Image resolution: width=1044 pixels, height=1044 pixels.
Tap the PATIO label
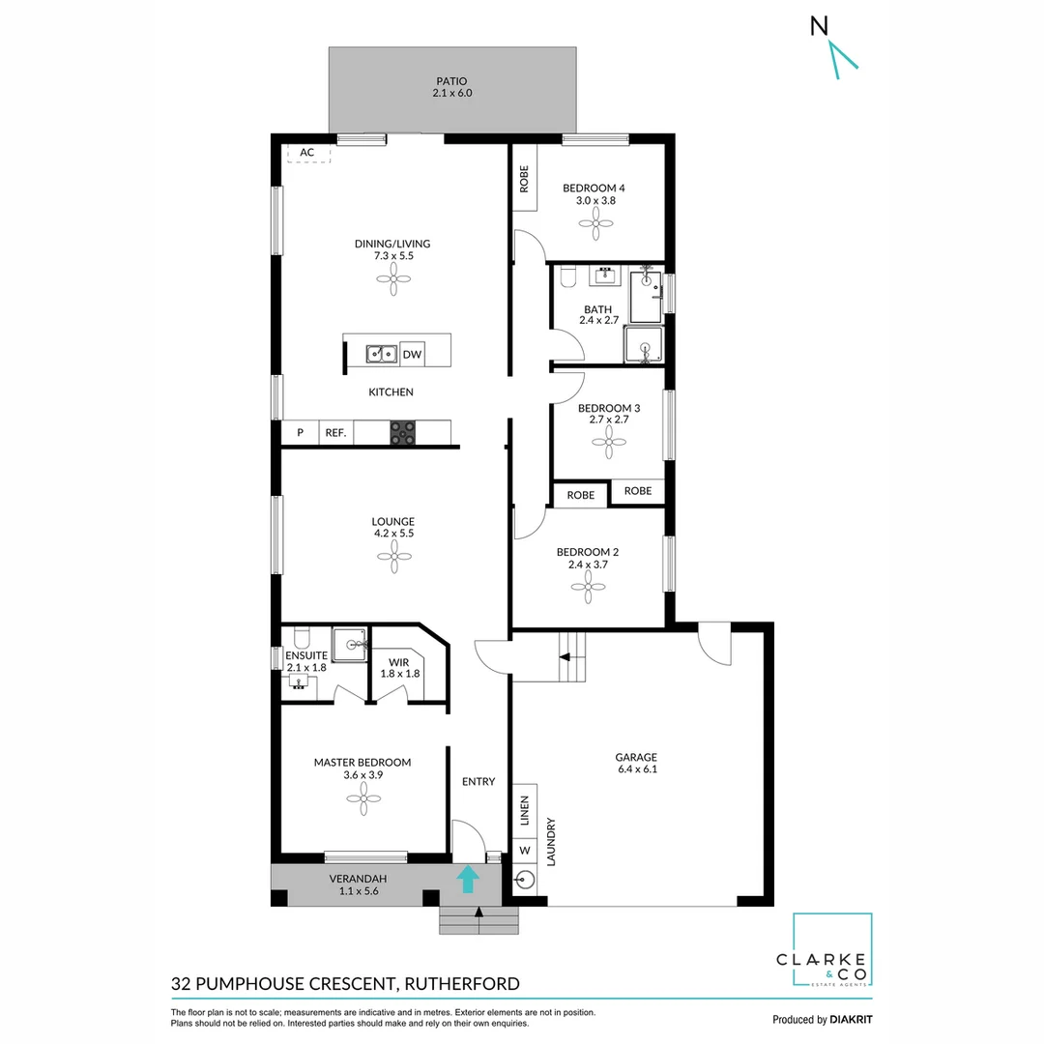pos(451,88)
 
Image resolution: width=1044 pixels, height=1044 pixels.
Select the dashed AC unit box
pos(308,153)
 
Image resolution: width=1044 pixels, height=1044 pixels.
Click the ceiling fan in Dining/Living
pos(392,282)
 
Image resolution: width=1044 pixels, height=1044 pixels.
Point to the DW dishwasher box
pos(412,355)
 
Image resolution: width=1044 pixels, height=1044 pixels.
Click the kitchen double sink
pos(381,355)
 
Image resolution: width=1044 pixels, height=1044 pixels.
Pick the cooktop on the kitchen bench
pos(402,433)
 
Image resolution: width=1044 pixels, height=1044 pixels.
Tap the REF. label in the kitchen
pos(335,433)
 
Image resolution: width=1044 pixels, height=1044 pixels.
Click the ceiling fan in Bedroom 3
pos(609,447)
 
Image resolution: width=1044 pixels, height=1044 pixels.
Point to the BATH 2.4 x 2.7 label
pos(597,314)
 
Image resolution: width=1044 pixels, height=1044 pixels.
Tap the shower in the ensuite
pos(350,644)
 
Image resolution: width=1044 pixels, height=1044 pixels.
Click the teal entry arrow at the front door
pos(468,879)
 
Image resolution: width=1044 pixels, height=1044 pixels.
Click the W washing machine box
pos(525,851)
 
